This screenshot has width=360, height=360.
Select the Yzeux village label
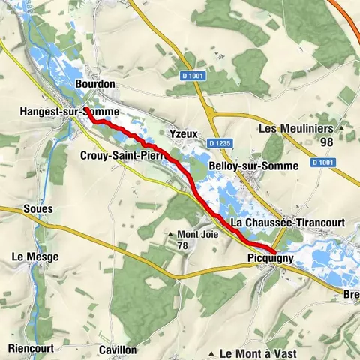tap(184, 133)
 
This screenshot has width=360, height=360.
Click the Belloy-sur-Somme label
tap(254, 165)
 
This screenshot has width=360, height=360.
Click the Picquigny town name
tap(268, 259)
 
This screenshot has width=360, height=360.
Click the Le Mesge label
tap(34, 256)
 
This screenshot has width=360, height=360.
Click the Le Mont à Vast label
tap(258, 352)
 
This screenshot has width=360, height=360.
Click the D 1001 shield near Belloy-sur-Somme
tap(323, 163)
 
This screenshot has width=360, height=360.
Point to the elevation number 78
tap(182, 244)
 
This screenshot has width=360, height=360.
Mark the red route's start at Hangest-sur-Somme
tap(88, 111)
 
